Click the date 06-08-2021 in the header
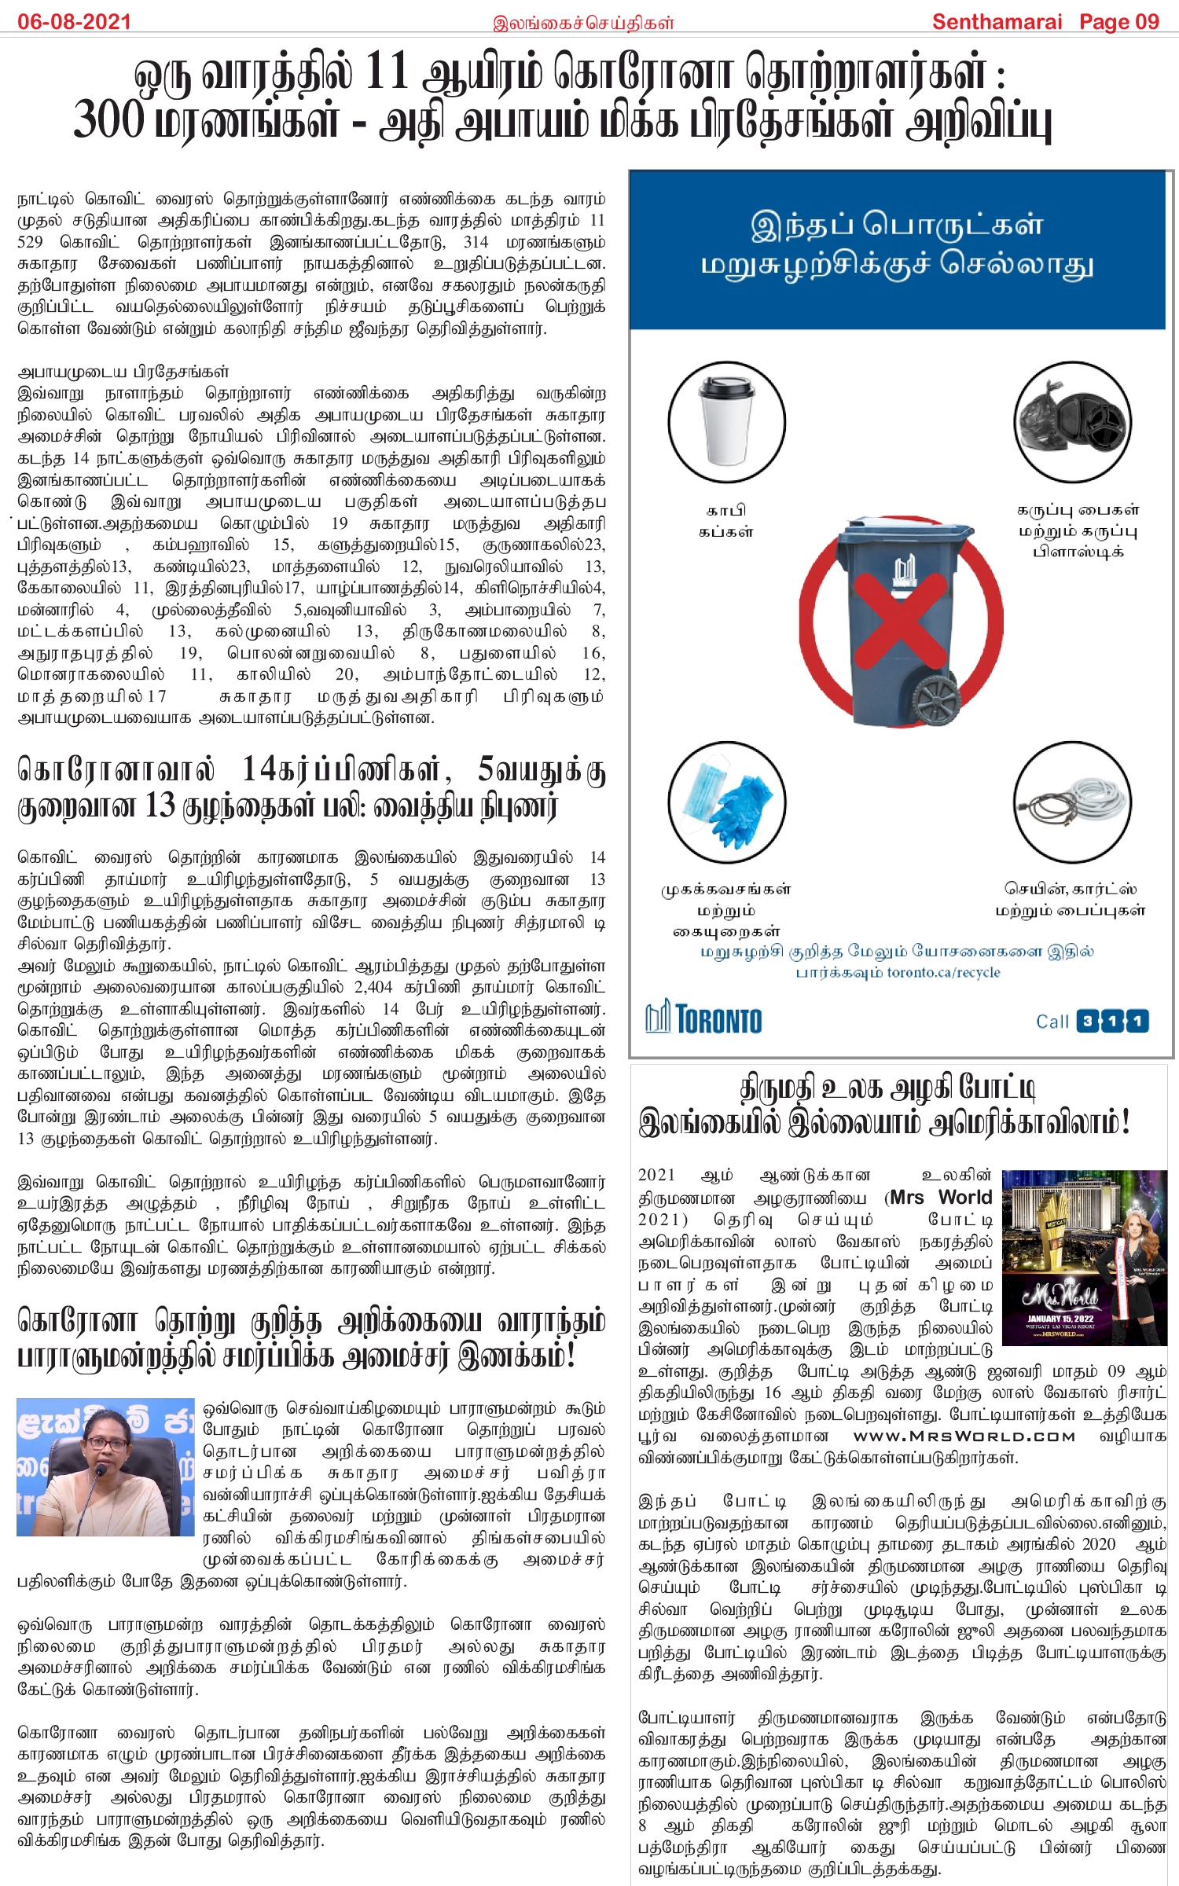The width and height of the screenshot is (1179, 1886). pos(74,21)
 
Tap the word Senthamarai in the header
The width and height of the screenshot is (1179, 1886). pos(996,21)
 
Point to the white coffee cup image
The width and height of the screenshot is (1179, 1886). pos(726,422)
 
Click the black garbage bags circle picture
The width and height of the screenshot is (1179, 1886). pos(1072,422)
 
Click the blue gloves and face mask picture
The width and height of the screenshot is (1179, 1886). pos(726,802)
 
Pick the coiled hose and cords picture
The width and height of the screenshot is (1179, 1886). pos(1072,802)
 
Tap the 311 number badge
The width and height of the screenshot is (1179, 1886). pos(1112,1021)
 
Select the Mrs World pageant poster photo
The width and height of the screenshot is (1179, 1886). pos(1084,1257)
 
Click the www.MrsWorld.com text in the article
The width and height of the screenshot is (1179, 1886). pos(964,1437)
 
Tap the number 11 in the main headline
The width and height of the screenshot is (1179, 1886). pos(386,72)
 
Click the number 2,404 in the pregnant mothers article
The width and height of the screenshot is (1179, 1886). pos(373,987)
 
